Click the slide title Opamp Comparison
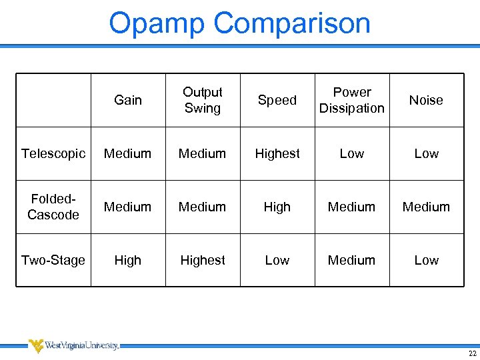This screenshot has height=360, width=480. click(x=239, y=23)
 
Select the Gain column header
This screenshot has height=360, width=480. click(x=128, y=100)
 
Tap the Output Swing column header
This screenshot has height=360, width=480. click(x=203, y=100)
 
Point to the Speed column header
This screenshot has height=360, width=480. click(x=277, y=100)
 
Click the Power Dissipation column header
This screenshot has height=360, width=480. click(x=352, y=100)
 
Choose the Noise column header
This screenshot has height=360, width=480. click(x=426, y=100)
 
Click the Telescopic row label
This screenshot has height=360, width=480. click(x=53, y=153)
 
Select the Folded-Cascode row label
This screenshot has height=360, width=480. click(x=53, y=207)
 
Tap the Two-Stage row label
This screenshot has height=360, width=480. click(x=53, y=260)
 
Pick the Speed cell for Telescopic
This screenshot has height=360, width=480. click(x=277, y=153)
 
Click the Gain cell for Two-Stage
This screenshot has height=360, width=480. click(x=128, y=260)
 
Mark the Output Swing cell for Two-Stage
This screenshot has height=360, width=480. click(x=203, y=260)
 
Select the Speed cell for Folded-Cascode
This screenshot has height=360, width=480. click(x=277, y=207)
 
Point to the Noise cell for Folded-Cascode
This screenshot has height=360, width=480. click(x=426, y=207)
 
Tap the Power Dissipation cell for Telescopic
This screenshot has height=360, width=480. click(x=352, y=153)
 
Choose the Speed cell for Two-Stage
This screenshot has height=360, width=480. click(x=277, y=260)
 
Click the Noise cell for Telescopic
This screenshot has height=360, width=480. click(x=426, y=153)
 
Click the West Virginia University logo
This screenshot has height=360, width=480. click(x=73, y=345)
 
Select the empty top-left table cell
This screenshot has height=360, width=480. click(x=53, y=100)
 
